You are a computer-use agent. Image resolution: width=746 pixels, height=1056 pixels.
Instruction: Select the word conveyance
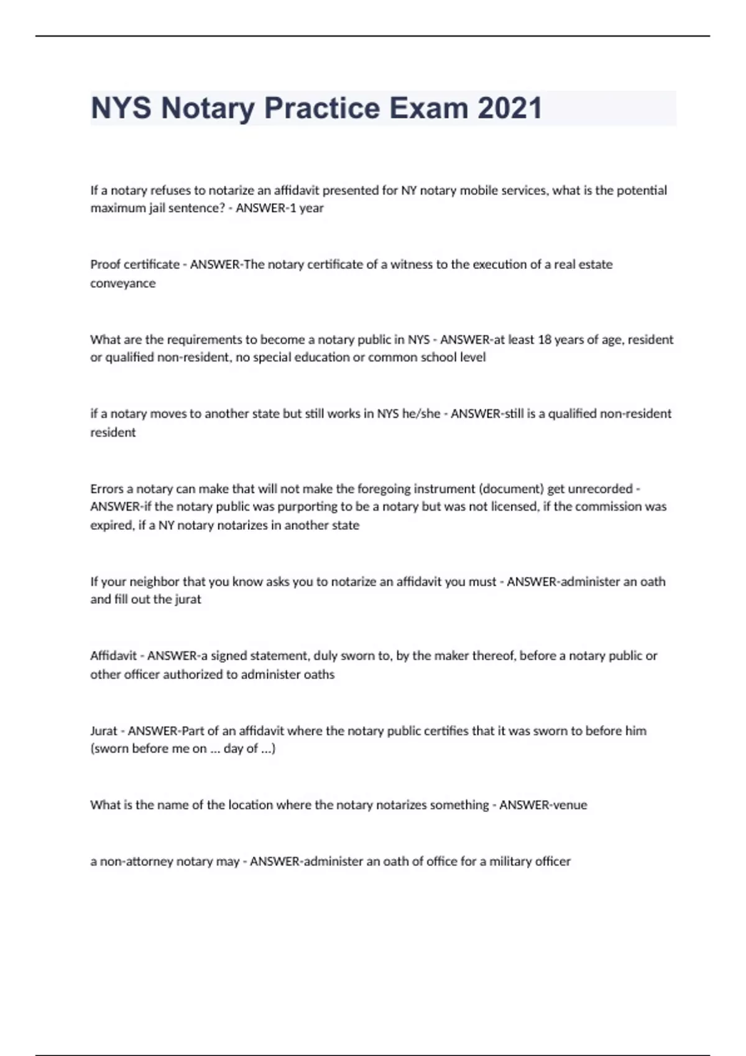(x=123, y=283)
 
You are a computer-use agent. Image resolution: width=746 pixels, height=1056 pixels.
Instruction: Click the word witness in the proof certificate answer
(x=412, y=265)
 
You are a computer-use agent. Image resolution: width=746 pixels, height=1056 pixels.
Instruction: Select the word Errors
(x=107, y=489)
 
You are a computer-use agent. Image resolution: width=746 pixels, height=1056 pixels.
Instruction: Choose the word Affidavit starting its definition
(x=113, y=656)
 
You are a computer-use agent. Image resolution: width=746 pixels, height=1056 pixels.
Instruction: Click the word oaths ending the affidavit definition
(x=319, y=675)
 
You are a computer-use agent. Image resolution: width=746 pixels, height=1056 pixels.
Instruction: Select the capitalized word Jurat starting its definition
(x=104, y=731)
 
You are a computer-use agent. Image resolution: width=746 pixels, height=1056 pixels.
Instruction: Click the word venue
(x=571, y=805)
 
